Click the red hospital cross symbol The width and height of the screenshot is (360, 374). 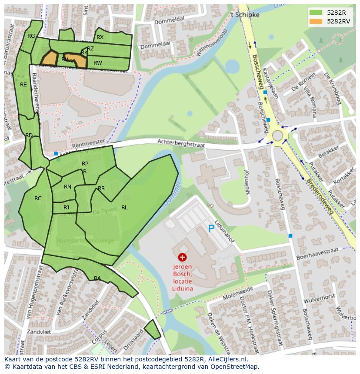182,258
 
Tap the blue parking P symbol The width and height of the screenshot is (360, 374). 211,228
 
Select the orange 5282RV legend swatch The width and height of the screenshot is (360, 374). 316,21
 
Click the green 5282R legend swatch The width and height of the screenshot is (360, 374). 316,13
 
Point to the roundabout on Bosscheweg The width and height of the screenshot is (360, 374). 277,136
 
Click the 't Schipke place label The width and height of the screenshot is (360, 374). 244,14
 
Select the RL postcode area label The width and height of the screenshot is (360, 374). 124,208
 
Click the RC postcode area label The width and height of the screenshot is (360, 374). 38,199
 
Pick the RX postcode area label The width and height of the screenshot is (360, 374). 100,37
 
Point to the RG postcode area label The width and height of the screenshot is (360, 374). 31,36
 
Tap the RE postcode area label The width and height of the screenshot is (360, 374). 23,85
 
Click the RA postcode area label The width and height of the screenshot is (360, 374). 97,278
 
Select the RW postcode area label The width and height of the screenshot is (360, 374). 98,63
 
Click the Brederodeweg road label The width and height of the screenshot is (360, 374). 320,196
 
